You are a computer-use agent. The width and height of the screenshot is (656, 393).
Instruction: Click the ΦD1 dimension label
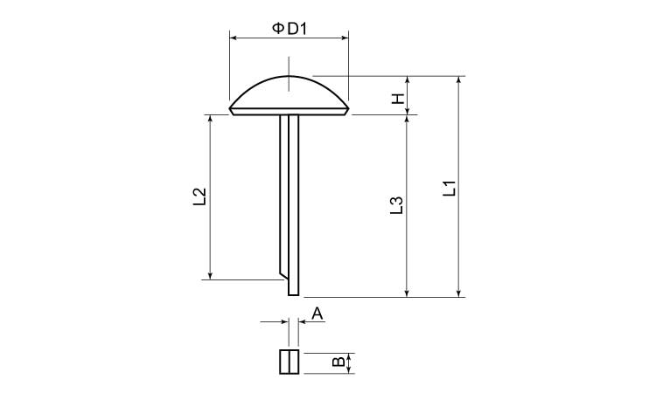pos(290,29)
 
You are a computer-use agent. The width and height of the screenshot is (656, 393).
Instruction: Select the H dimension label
pos(398,99)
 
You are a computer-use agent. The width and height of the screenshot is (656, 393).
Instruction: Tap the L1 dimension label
pos(450,189)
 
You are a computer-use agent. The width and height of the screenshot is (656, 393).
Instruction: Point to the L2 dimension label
pos(200,196)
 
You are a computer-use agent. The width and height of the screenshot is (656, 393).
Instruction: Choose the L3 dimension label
pos(396,205)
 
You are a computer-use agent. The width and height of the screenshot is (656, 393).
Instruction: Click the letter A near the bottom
pos(318,314)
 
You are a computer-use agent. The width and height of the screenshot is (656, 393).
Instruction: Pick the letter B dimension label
pos(338,362)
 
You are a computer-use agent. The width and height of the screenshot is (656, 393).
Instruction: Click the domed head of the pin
pos(290,95)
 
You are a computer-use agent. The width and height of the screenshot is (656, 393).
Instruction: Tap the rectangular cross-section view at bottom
pos(290,362)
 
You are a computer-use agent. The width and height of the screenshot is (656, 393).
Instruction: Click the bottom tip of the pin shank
pos(294,295)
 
